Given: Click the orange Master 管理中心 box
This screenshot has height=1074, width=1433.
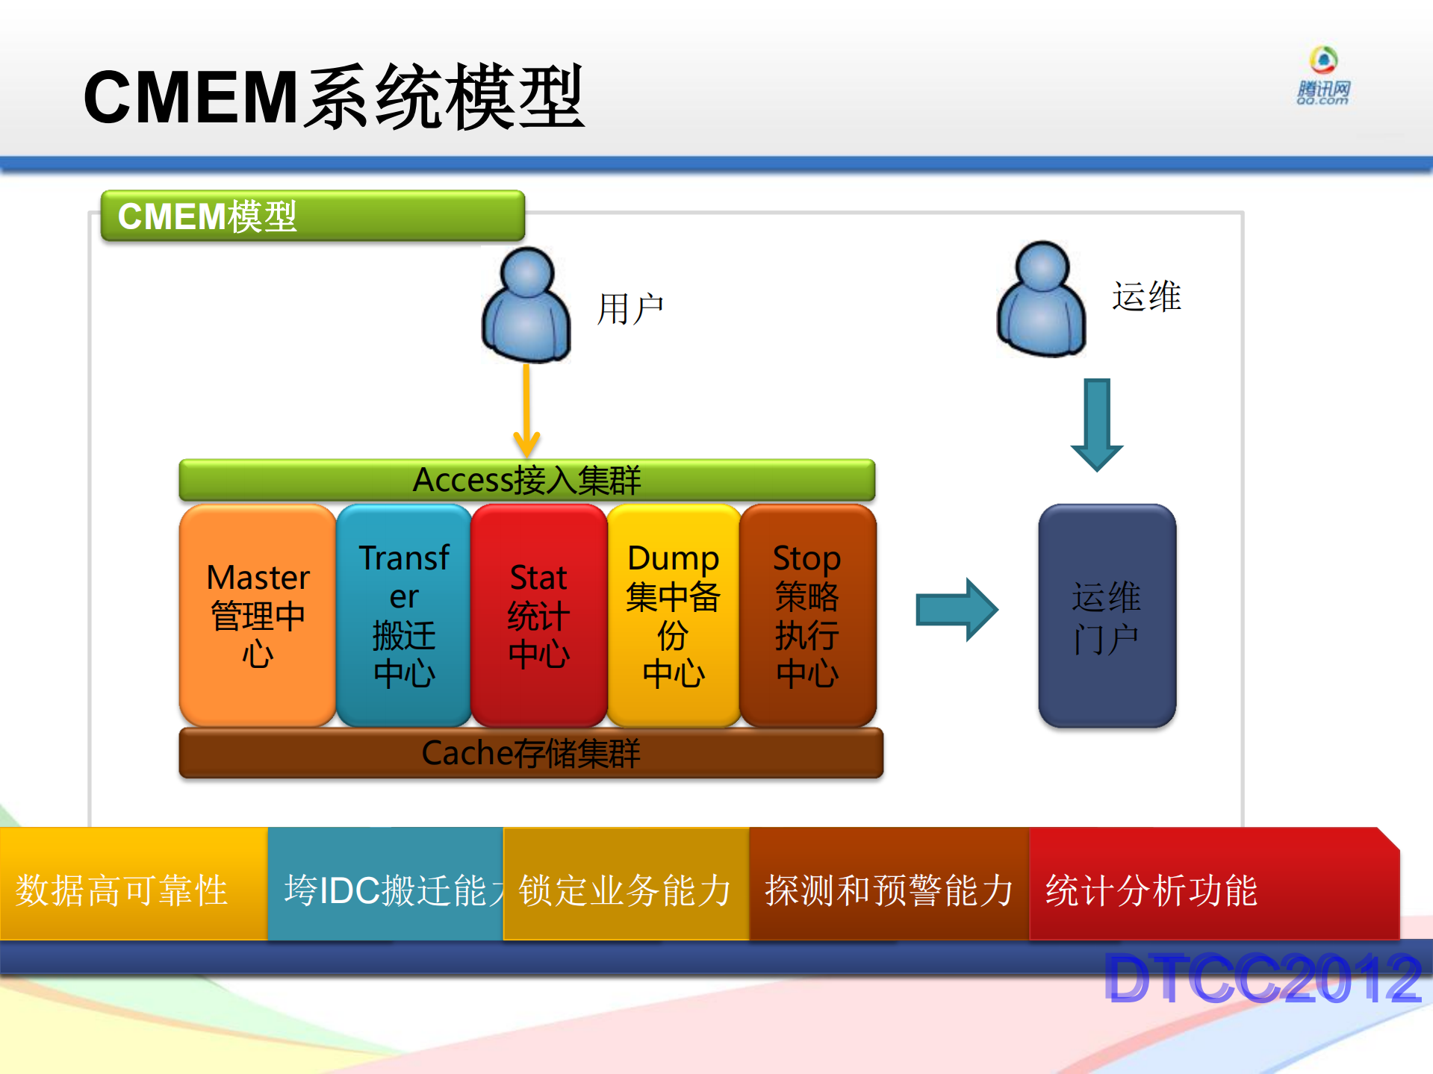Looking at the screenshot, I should [x=258, y=615].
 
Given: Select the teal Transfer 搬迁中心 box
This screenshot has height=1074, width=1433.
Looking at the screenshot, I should [x=404, y=615].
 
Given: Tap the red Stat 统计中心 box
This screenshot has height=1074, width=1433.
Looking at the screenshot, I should [x=538, y=615].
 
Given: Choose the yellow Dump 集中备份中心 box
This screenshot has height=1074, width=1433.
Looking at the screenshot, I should [x=674, y=615].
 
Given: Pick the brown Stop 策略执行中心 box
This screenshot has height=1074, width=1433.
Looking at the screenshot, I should [x=807, y=615].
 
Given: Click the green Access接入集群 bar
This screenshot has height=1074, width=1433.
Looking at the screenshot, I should [x=526, y=480].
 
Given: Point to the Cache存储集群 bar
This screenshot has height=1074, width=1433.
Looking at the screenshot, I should [x=530, y=753].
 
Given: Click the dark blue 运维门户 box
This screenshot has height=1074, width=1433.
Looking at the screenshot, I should [x=1107, y=616].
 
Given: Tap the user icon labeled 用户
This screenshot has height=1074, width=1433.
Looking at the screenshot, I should [x=526, y=306].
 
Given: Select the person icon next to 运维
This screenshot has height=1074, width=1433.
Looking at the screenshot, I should [x=1041, y=300].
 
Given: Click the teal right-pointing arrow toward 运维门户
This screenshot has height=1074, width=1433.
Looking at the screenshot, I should [x=957, y=610].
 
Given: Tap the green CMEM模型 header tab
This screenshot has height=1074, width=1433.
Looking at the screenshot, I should [x=312, y=216].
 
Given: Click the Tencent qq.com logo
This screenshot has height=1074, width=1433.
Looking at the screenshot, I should [x=1323, y=76].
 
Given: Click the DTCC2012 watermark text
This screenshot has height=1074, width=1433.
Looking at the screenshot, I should [x=1262, y=978].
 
